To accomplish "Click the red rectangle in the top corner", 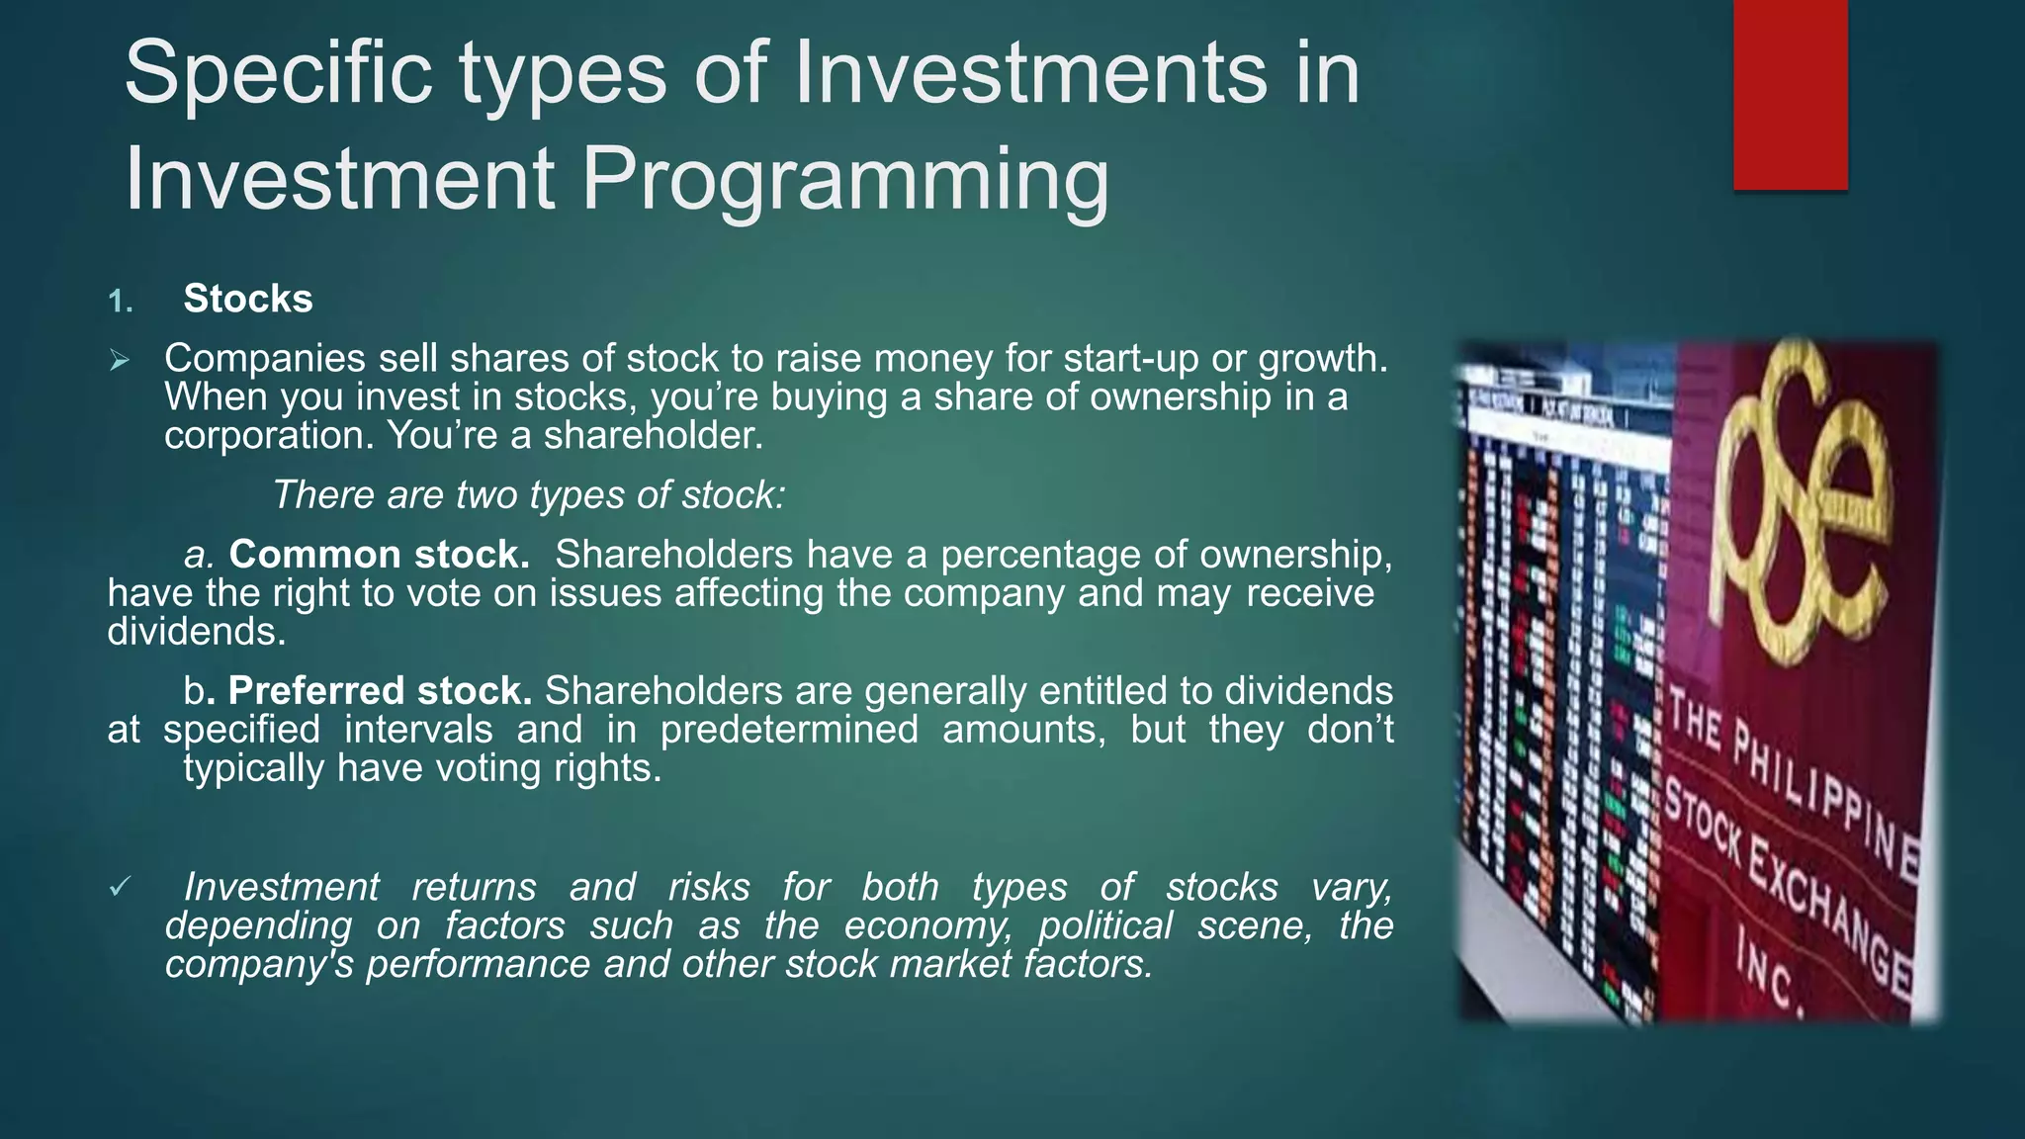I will coord(1790,94).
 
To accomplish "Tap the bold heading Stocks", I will coord(248,299).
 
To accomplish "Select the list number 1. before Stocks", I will coord(121,302).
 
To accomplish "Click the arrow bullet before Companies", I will coord(120,361).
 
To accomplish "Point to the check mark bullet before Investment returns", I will coord(120,888).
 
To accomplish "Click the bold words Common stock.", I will coord(380,555).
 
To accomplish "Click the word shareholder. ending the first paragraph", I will coord(654,436).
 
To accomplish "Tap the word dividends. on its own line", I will coord(197,632).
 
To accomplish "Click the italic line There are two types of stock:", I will coord(528,495).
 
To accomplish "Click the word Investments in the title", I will coord(1029,73).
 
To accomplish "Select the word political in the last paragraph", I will coord(1104,926).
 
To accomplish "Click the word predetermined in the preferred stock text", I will coord(788,730).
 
